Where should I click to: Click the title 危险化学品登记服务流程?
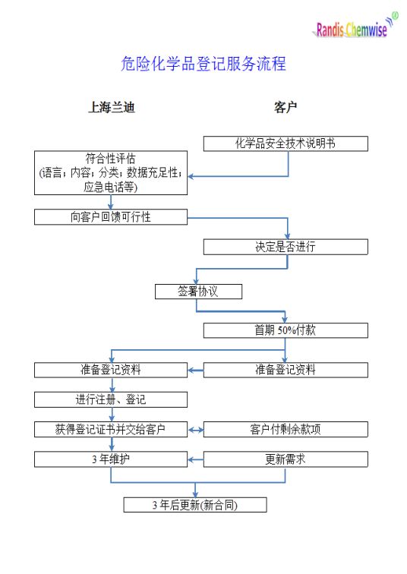pos(204,64)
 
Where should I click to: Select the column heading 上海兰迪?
pos(112,107)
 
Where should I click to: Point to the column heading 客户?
pos(285,107)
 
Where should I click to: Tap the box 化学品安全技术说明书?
pos(286,143)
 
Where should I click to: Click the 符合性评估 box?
pos(111,173)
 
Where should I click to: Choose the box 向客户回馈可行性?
pos(111,217)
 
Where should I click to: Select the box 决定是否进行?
pos(286,247)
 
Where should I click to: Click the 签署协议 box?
pos(198,292)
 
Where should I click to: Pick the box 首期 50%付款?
pos(286,330)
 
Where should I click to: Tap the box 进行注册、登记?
pos(111,399)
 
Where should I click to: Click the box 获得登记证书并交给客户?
pos(111,430)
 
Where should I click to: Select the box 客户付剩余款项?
pos(286,430)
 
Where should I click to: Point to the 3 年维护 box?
pos(111,459)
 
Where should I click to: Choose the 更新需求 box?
pos(286,459)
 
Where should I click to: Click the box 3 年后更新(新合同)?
pos(195,505)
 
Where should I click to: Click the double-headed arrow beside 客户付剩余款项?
pos(196,430)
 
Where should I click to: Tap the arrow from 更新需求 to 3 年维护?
pos(196,459)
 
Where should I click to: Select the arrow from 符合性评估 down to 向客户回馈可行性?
pos(111,202)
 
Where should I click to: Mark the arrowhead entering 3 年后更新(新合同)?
pos(195,494)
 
